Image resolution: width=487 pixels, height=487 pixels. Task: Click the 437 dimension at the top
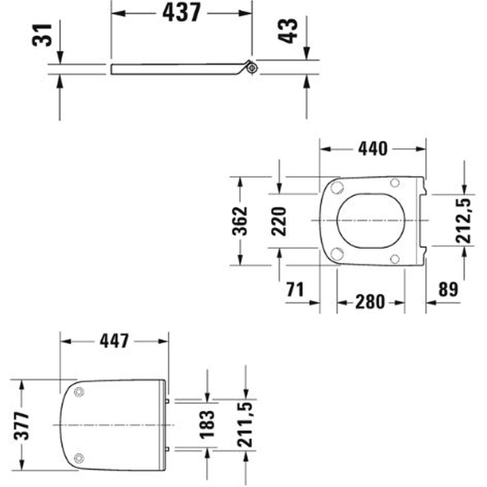[x=182, y=13]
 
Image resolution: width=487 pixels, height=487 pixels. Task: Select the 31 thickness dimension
[x=42, y=35]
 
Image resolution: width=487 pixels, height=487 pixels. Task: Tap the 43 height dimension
[x=287, y=31]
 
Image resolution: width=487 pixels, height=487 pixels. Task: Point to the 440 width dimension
[x=373, y=149]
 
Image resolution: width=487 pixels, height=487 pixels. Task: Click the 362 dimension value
[x=240, y=221]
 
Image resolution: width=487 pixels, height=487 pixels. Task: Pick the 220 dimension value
[x=279, y=221]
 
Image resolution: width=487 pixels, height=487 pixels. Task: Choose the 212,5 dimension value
[x=464, y=221]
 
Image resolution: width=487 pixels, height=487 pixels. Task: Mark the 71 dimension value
[x=295, y=289]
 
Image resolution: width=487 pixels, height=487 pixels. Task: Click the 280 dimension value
[x=370, y=302]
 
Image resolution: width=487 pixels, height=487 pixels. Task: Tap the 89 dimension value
[x=448, y=289]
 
